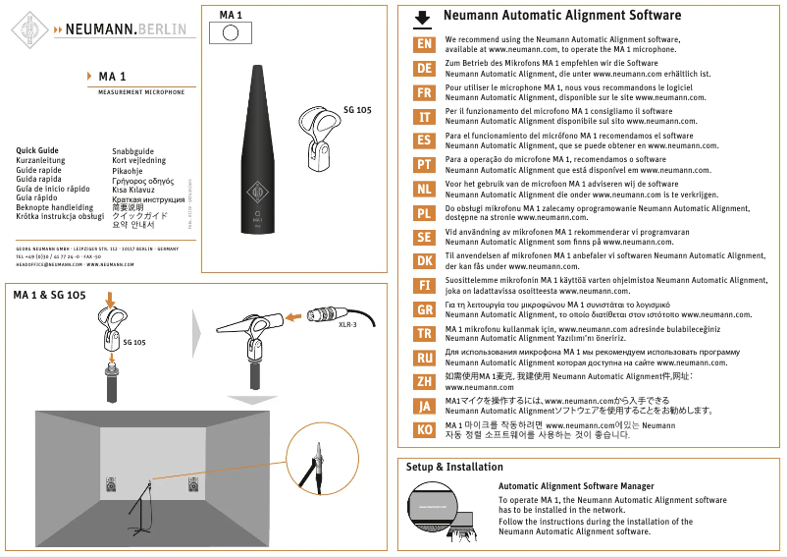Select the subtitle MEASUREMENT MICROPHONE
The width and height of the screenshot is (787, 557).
(x=141, y=91)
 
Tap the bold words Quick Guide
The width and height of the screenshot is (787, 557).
(x=37, y=151)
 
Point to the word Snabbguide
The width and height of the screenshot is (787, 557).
(x=133, y=151)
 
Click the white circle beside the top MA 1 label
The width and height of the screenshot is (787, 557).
(x=231, y=31)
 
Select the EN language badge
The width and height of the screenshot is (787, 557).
(x=424, y=44)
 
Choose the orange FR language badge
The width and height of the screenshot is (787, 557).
(x=424, y=93)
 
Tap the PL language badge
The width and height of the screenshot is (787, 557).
(x=424, y=213)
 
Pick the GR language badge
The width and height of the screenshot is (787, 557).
(x=424, y=309)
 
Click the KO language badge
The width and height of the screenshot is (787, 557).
(x=424, y=430)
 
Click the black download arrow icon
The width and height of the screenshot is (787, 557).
(x=423, y=18)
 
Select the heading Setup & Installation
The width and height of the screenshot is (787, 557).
(x=454, y=467)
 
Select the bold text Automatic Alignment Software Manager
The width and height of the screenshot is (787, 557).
(x=576, y=486)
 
